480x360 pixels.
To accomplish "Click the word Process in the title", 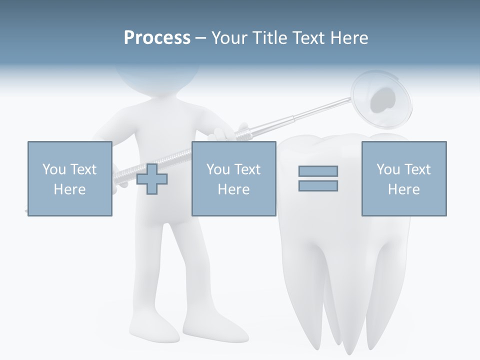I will pos(157,38).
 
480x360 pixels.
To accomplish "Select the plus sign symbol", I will pos(152,178).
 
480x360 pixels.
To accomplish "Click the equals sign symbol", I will pos(318,178).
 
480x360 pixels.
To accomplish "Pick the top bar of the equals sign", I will pos(318,171).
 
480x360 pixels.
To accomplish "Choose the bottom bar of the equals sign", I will pos(318,185).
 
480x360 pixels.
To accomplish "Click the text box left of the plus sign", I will pos(70,178).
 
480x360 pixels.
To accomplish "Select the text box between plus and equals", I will pos(233,178).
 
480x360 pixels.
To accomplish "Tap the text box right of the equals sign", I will pos(403,178).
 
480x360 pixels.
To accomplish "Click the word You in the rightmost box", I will pos(388,169).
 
